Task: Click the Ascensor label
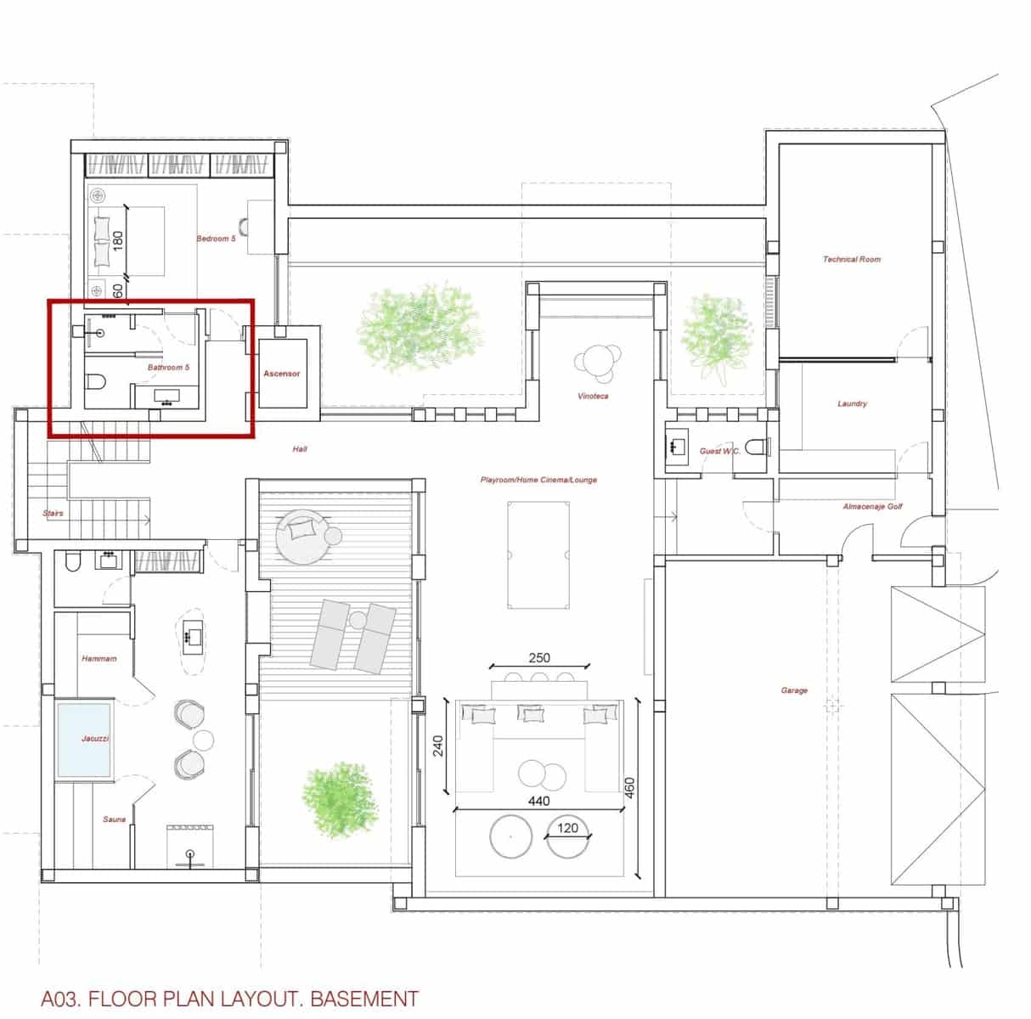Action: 281,374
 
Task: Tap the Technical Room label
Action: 851,259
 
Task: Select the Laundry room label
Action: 852,403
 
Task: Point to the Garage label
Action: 794,690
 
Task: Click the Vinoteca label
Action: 593,396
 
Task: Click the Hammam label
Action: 99,658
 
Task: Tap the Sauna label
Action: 114,819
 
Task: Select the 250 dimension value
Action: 539,657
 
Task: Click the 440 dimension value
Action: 538,801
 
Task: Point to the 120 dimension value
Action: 567,828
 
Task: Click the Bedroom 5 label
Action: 216,239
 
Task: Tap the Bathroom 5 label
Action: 168,368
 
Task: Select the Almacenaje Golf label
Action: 872,506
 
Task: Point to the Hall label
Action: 299,448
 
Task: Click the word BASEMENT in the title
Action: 364,999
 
